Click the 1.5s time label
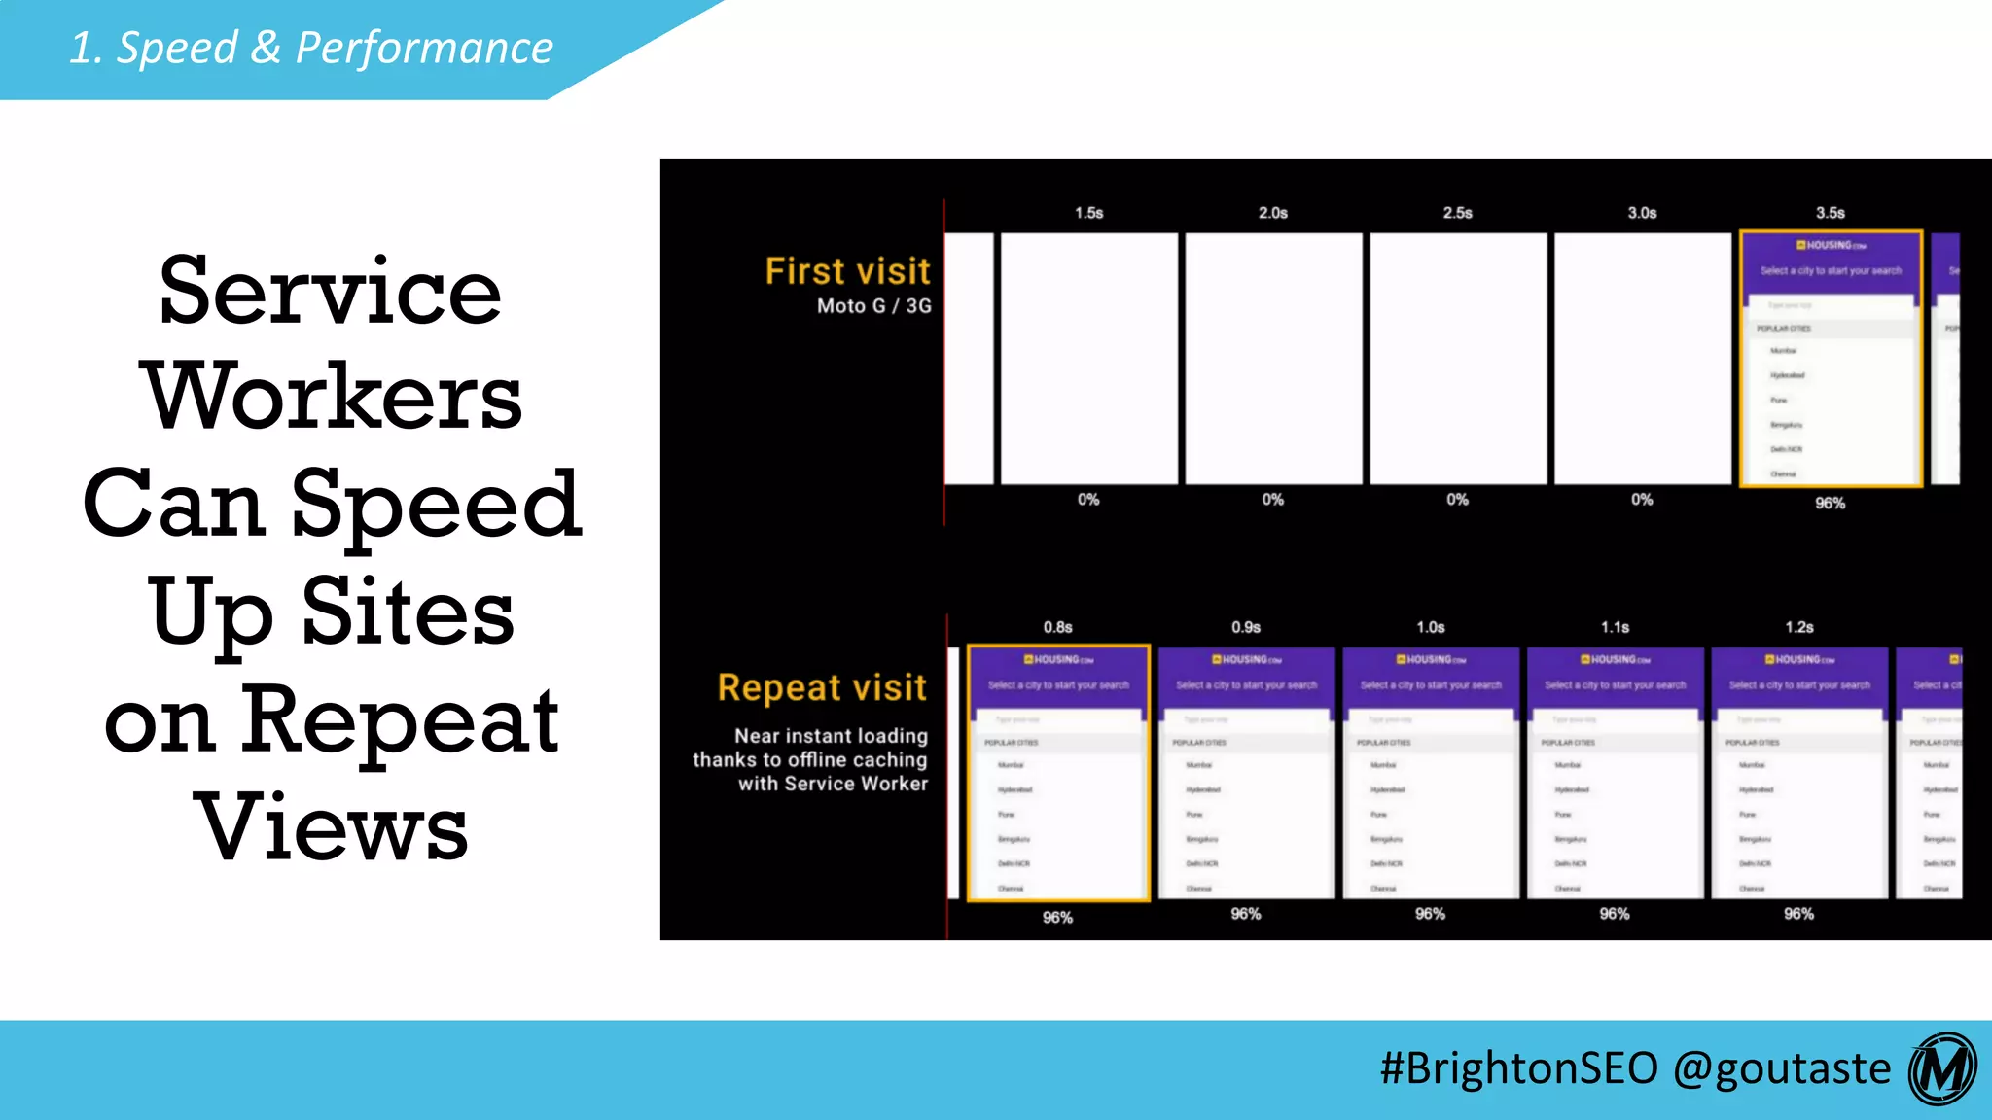tap(1088, 213)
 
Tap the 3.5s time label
tap(1830, 213)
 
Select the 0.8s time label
tap(1057, 628)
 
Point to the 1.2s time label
tap(1798, 628)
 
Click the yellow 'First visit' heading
tap(847, 271)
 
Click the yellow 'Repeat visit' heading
tap(822, 687)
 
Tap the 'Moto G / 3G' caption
tap(873, 306)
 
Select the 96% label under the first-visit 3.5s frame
tap(1830, 504)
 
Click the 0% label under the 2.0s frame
tap(1272, 500)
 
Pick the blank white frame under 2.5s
tap(1457, 358)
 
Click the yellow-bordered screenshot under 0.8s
tap(1058, 773)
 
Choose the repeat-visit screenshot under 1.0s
tap(1430, 773)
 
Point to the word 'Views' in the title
tap(332, 827)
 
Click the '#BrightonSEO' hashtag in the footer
tap(1518, 1068)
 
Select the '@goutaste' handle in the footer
tap(1782, 1068)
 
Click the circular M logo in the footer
tap(1942, 1069)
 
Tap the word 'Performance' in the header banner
tap(424, 48)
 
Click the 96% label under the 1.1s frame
tap(1614, 914)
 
